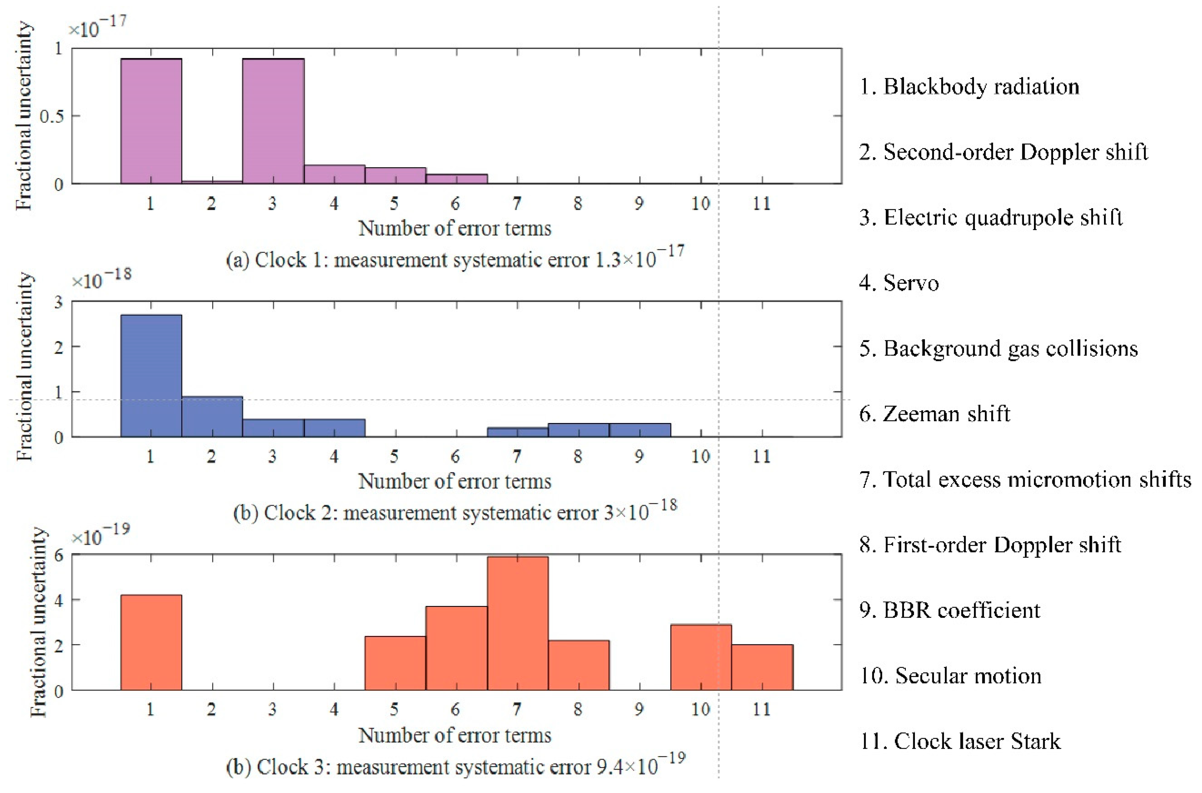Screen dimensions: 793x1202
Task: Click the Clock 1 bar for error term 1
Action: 151,121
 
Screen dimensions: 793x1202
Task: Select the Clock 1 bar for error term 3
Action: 273,121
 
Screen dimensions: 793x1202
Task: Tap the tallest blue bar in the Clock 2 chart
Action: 151,376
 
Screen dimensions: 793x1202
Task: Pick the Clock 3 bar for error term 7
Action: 517,623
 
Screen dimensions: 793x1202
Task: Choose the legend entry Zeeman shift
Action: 934,414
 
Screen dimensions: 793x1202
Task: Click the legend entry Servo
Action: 899,283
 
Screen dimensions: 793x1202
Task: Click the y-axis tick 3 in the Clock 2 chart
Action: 59,302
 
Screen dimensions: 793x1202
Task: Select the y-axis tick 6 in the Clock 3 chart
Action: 59,555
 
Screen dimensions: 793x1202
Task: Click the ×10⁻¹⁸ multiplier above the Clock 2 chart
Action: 101,279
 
